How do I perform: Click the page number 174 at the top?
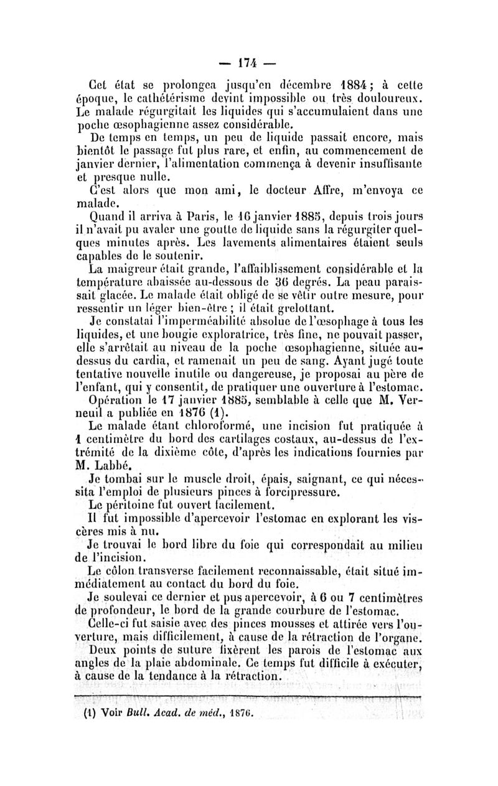click(249, 64)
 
